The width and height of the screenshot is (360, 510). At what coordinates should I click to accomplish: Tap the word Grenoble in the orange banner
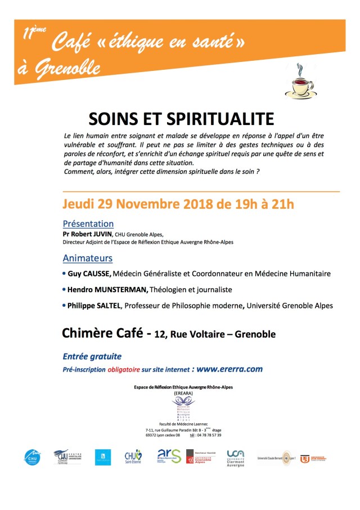66,69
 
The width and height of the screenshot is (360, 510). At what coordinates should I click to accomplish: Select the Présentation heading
88,223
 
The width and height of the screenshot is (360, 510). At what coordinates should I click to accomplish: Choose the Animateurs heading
87,258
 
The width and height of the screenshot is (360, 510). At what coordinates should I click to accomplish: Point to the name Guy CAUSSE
89,274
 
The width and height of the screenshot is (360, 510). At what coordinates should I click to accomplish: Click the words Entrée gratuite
92,356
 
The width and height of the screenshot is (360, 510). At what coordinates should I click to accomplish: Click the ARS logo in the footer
169,456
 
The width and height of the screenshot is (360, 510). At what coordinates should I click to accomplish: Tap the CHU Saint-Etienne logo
133,457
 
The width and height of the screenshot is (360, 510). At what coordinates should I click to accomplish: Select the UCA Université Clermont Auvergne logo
235,457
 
